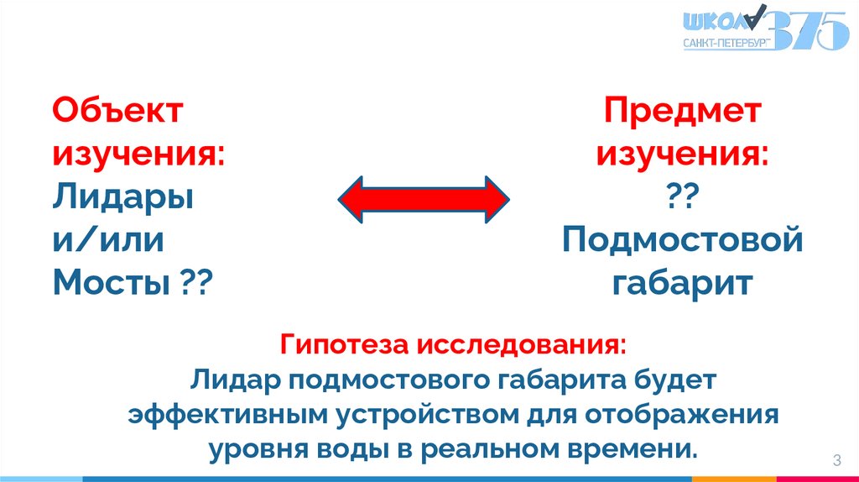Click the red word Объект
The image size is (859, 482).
pos(117,111)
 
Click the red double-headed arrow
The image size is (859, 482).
pos(424,199)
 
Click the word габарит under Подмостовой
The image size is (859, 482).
pos(682,283)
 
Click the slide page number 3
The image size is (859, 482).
pos(836,459)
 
